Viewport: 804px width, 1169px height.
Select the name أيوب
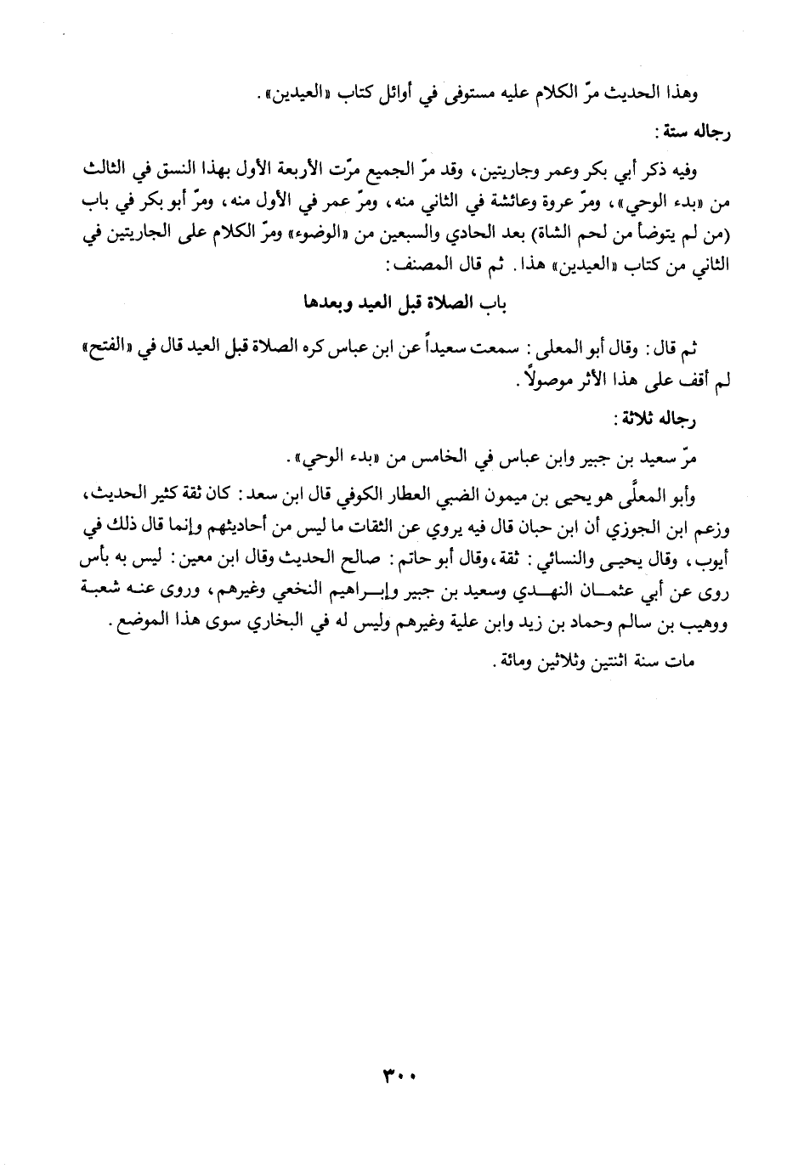[x=716, y=560]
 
